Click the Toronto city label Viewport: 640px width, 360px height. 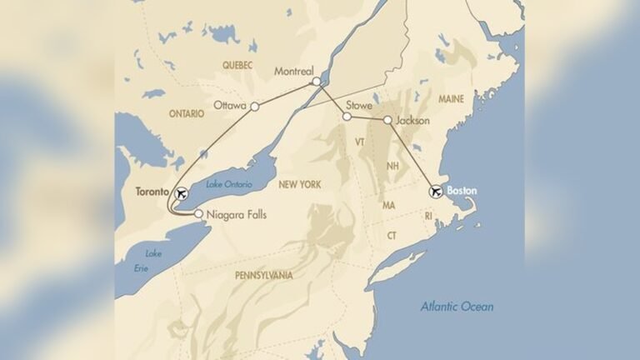(154, 192)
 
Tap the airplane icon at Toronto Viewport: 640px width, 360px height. (181, 194)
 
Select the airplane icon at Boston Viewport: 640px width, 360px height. (435, 192)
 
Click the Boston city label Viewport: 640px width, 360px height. (462, 191)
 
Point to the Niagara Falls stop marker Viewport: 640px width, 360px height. (198, 214)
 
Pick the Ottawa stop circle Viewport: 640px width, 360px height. (255, 107)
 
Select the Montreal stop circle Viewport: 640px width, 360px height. (316, 82)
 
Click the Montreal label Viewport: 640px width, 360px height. (293, 72)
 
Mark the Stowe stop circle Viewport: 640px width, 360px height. (347, 117)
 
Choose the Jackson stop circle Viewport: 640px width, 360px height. (387, 121)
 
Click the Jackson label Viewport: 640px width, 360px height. (412, 121)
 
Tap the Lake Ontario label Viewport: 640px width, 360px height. (229, 184)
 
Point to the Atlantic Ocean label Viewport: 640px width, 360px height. (457, 307)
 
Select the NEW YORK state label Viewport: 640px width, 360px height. (300, 184)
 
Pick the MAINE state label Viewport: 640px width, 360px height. (451, 98)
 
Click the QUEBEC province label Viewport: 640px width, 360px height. (237, 64)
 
